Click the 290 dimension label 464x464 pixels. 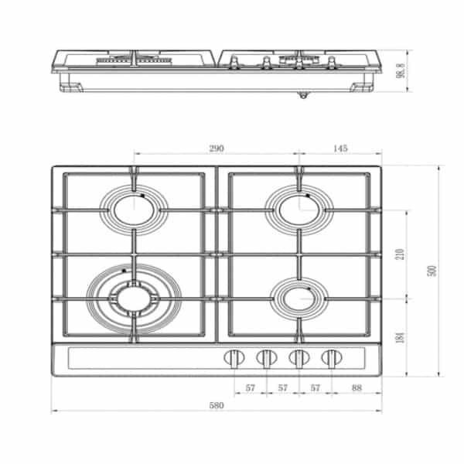pyautogui.click(x=217, y=148)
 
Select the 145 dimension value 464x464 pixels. pyautogui.click(x=340, y=148)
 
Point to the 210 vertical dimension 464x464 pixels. pyautogui.click(x=400, y=254)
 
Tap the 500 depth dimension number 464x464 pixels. pyautogui.click(x=432, y=271)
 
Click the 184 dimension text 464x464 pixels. pyautogui.click(x=400, y=338)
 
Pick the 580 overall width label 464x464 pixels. pyautogui.click(x=217, y=405)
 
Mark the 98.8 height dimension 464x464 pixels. pyautogui.click(x=400, y=70)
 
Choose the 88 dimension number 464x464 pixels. pyautogui.click(x=357, y=387)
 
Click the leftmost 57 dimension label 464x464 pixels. pyautogui.click(x=251, y=387)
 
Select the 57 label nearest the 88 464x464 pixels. pyautogui.click(x=316, y=387)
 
